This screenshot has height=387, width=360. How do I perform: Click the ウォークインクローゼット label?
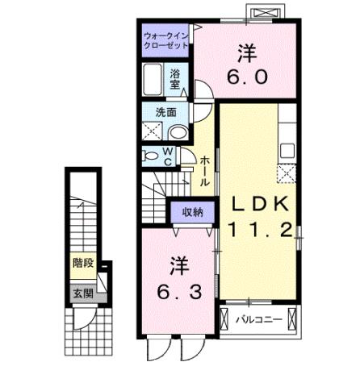pyautogui.click(x=165, y=41)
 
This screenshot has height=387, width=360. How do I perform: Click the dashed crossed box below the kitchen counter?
pyautogui.click(x=287, y=173)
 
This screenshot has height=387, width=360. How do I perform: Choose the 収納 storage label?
pyautogui.click(x=193, y=213)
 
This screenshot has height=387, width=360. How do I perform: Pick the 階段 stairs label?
pyautogui.click(x=83, y=262)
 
